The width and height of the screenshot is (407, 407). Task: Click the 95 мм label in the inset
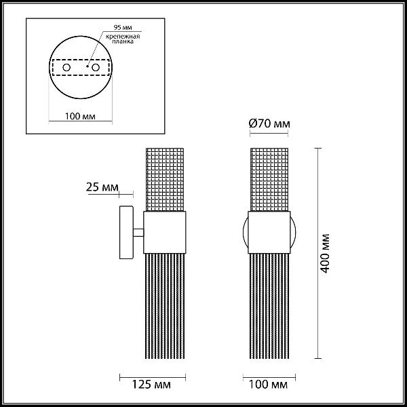[x=123, y=27]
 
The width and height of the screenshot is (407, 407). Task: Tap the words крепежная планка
[x=123, y=39]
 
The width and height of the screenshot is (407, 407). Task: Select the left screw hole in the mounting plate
[x=66, y=67]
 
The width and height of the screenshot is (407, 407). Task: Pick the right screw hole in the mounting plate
[x=96, y=67]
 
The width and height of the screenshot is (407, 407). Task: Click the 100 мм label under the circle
[x=80, y=116]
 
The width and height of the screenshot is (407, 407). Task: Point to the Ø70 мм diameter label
[x=269, y=123]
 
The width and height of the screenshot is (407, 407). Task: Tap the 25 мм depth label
[x=102, y=187]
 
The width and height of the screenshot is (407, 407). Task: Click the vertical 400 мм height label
[x=325, y=253]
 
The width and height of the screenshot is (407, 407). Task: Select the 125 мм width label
[x=151, y=385]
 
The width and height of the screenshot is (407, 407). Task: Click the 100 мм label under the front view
[x=268, y=385]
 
